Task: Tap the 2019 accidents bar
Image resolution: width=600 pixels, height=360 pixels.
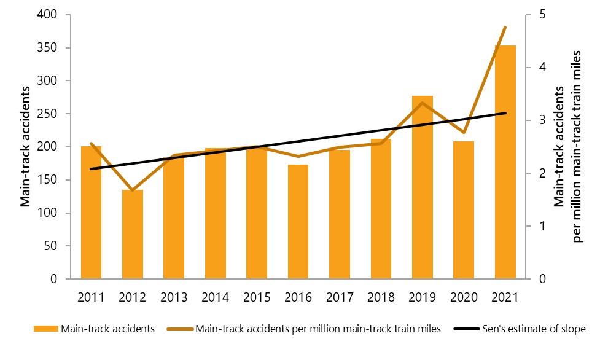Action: click(423, 187)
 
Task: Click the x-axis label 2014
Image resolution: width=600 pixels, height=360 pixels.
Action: click(215, 297)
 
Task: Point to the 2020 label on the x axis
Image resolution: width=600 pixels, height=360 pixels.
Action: click(464, 297)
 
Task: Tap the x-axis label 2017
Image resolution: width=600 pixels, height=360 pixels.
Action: click(340, 297)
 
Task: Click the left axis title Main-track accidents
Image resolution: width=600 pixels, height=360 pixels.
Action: click(26, 147)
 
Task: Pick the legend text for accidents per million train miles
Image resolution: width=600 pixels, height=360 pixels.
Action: click(318, 329)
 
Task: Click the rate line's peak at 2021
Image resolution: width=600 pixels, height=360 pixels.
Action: click(505, 28)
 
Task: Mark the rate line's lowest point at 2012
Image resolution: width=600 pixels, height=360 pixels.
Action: click(132, 190)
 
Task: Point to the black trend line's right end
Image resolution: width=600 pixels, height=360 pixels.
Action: click(505, 113)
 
